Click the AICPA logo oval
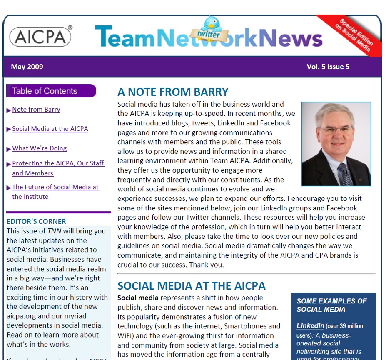(x=40, y=36)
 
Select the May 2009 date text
(x=27, y=67)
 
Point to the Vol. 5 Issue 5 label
(x=328, y=67)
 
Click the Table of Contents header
(x=45, y=91)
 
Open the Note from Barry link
(x=36, y=110)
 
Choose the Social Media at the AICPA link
(x=50, y=129)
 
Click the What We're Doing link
(x=40, y=148)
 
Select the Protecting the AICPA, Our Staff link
(x=58, y=163)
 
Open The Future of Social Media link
(x=55, y=187)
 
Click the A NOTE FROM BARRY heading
(x=173, y=92)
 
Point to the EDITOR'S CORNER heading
(x=37, y=222)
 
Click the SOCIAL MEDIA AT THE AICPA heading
(x=192, y=286)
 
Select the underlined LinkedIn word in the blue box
(x=310, y=325)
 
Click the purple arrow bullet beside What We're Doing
(x=9, y=149)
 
